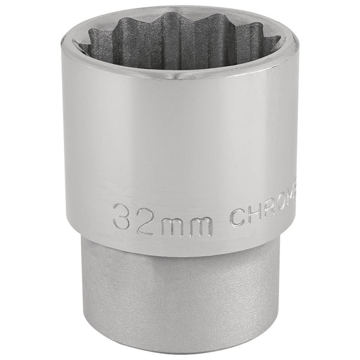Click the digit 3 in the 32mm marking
[x=124, y=213]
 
